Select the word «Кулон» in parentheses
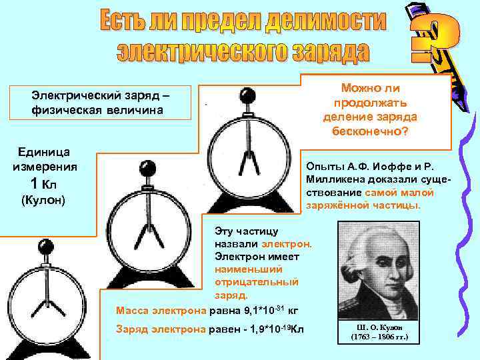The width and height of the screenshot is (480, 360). pos(43,200)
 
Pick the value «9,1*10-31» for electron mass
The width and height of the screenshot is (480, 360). pos(256,309)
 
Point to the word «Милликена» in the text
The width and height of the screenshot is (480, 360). pos(331,179)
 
